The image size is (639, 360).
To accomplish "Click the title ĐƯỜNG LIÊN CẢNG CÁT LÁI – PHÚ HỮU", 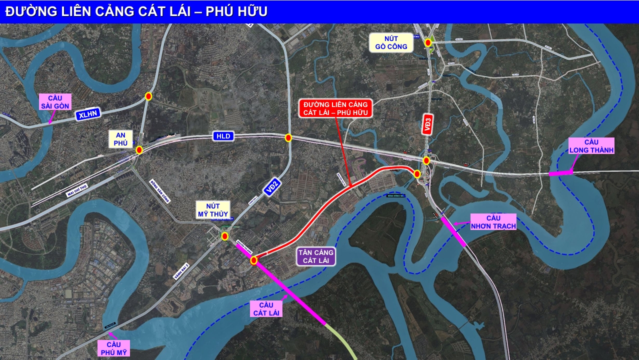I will pos(136,12).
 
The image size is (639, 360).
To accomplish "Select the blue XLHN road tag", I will pos(88,114).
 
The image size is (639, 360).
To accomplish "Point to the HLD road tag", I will pos(223,136).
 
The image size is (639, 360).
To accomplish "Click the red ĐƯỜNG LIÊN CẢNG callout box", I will pos(335,108).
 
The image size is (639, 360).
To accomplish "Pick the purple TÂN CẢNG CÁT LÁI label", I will pos(315,256).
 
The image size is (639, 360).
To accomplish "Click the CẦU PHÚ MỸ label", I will pos(114,348).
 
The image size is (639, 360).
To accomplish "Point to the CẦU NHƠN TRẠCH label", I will pos(493,222).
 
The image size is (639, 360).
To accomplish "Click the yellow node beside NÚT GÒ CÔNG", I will pos(428,43).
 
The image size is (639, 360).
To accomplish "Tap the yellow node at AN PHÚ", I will pos(139,149).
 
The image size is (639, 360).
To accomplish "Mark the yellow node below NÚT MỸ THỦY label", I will pos(225,236).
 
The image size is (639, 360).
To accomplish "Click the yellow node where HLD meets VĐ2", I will pos(288,137).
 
